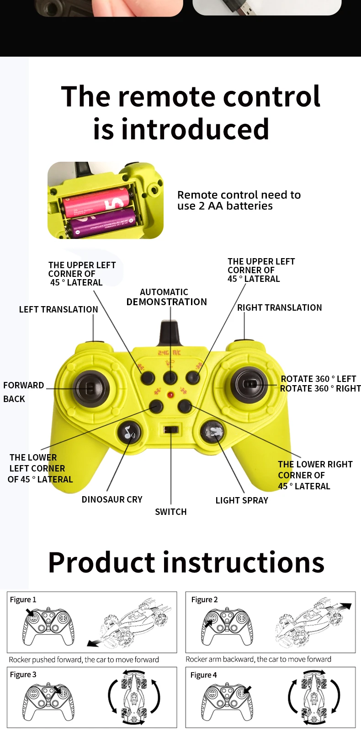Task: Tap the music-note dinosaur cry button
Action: (x=129, y=432)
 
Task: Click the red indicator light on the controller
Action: (x=170, y=395)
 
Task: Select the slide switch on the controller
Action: (x=171, y=429)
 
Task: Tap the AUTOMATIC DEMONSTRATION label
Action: (x=166, y=297)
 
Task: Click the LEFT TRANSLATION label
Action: (x=58, y=309)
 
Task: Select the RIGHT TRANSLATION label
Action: (x=279, y=307)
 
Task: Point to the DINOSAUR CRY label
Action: (x=112, y=499)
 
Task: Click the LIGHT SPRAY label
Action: (x=242, y=500)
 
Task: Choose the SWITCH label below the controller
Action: (x=171, y=512)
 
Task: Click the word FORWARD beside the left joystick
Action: (x=24, y=385)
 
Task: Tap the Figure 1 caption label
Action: (x=23, y=599)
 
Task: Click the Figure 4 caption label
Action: (x=203, y=675)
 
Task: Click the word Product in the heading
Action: (x=101, y=562)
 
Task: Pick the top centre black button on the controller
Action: (x=170, y=377)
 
